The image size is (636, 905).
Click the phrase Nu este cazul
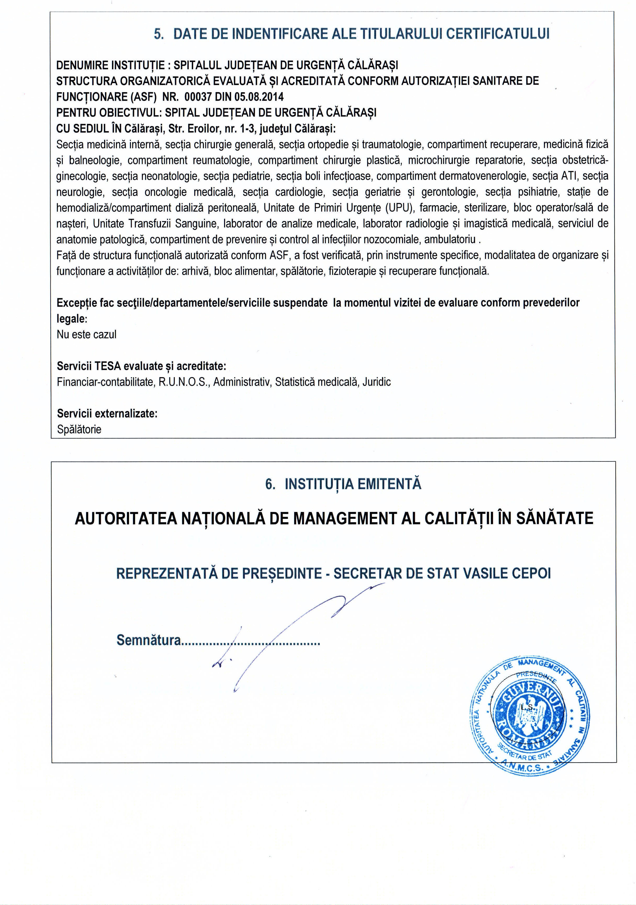click(x=87, y=335)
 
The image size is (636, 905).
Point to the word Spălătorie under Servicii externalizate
click(x=79, y=429)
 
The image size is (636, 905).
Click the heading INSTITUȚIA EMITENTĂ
click(x=353, y=484)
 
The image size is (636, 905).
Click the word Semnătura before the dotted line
click(x=149, y=640)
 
